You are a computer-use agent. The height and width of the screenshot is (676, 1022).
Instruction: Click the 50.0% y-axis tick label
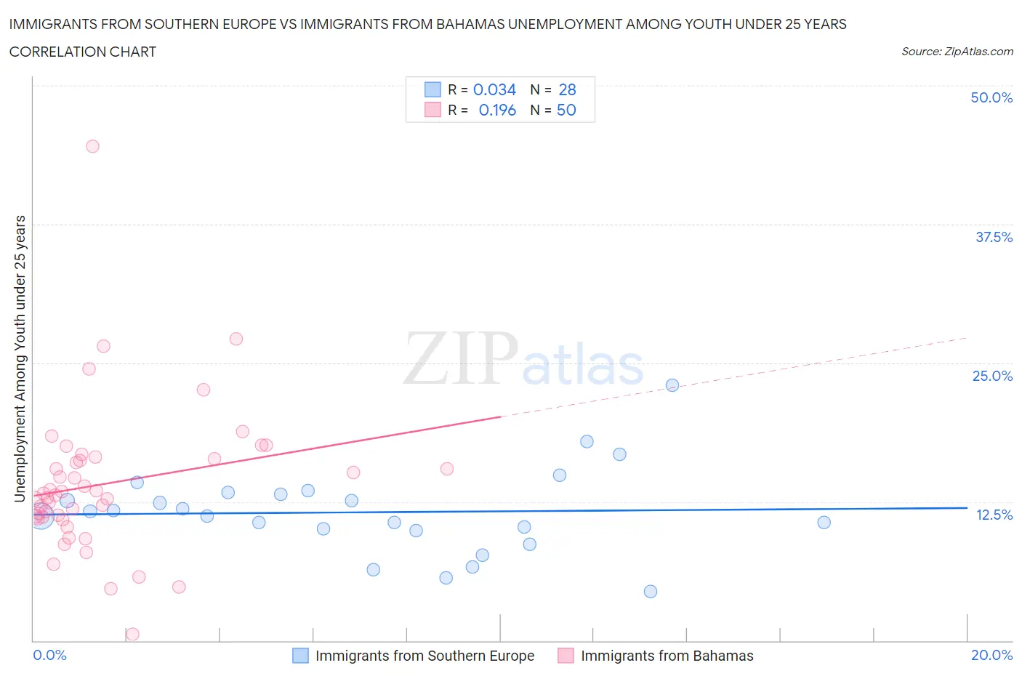pos(991,97)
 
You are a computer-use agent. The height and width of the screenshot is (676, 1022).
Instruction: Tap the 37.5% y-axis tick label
pos(994,237)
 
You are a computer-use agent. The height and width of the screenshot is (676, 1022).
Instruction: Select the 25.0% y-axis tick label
pos(992,376)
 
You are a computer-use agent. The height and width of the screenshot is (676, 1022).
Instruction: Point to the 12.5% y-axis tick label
pos(994,515)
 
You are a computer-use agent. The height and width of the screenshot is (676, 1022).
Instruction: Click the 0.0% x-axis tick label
pos(49,655)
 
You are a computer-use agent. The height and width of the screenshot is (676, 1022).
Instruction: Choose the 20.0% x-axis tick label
pos(991,655)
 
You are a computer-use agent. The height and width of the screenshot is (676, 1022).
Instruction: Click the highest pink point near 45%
pos(92,146)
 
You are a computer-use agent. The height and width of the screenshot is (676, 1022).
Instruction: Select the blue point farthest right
pos(824,523)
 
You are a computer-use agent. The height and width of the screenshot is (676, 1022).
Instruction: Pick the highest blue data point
pos(672,385)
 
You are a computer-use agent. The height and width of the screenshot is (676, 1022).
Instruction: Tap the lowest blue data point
pos(651,592)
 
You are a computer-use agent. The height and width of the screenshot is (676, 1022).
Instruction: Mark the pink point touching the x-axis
pos(132,634)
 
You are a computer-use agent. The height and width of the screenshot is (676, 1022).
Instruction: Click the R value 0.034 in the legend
pos(494,89)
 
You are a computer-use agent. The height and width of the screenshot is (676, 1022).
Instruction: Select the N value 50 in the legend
pos(566,110)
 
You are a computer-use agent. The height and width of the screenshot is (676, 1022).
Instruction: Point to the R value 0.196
pos(497,110)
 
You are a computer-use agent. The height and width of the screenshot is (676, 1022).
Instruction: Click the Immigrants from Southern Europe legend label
pos(425,656)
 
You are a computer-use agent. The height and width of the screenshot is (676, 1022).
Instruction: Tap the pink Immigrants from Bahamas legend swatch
pos(566,656)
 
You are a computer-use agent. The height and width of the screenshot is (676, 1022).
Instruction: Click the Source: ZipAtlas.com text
pos(957,51)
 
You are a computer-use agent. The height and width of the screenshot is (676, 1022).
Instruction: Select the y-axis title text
pos(20,358)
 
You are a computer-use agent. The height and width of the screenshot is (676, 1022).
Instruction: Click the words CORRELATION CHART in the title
pos(83,52)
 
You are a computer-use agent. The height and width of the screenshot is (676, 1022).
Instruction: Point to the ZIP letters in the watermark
pos(461,358)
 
